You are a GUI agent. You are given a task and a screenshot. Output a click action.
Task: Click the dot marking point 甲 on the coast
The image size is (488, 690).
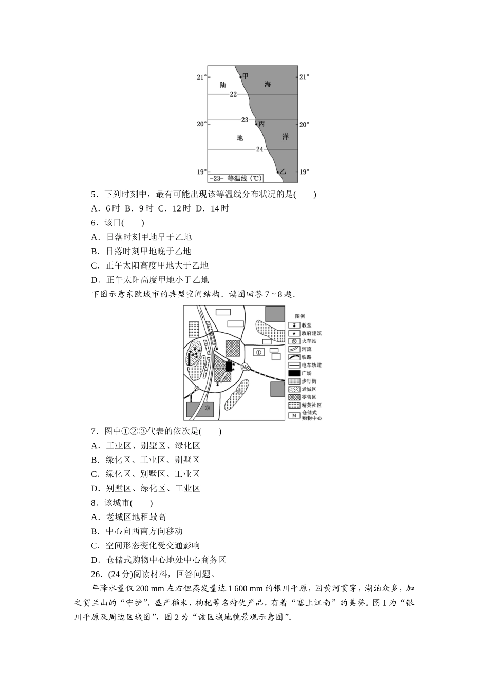click(x=240, y=77)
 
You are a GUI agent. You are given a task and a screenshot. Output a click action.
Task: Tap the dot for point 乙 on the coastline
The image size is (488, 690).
click(x=278, y=172)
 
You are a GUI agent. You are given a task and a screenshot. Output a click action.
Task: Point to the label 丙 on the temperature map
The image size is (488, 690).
click(x=262, y=124)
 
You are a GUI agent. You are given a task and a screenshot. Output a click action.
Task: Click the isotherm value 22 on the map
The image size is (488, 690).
click(x=234, y=94)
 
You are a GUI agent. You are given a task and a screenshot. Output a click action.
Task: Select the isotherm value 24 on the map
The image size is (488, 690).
click(x=259, y=149)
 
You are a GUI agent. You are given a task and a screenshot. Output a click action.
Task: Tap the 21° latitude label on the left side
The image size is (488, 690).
click(x=201, y=77)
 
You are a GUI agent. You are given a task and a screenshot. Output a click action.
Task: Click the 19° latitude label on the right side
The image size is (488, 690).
click(x=305, y=172)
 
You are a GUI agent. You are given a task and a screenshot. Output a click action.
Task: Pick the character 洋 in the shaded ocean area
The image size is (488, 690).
click(x=285, y=137)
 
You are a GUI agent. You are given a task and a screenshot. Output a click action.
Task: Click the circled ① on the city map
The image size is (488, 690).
click(x=259, y=352)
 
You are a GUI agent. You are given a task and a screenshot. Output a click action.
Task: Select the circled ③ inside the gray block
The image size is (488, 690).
click(x=207, y=408)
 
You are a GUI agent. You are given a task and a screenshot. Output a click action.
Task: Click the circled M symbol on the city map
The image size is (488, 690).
click(x=245, y=367)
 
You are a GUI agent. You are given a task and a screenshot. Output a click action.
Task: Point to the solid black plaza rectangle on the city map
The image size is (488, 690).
click(x=229, y=367)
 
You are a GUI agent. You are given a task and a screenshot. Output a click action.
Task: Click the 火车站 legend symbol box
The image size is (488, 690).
click(x=294, y=341)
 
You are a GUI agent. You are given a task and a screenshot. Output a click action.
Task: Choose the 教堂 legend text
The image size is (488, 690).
click(x=307, y=325)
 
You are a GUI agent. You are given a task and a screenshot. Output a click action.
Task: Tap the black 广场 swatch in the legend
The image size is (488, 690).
click(x=294, y=373)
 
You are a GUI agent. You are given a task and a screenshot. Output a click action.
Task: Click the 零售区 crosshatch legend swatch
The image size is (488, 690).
click(x=294, y=397)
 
